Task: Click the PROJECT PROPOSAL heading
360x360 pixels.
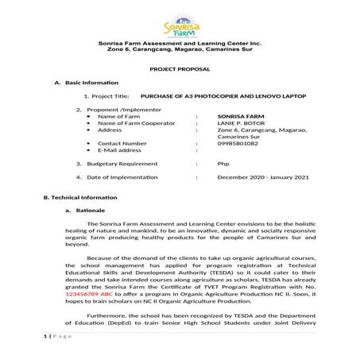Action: click(x=180, y=70)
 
